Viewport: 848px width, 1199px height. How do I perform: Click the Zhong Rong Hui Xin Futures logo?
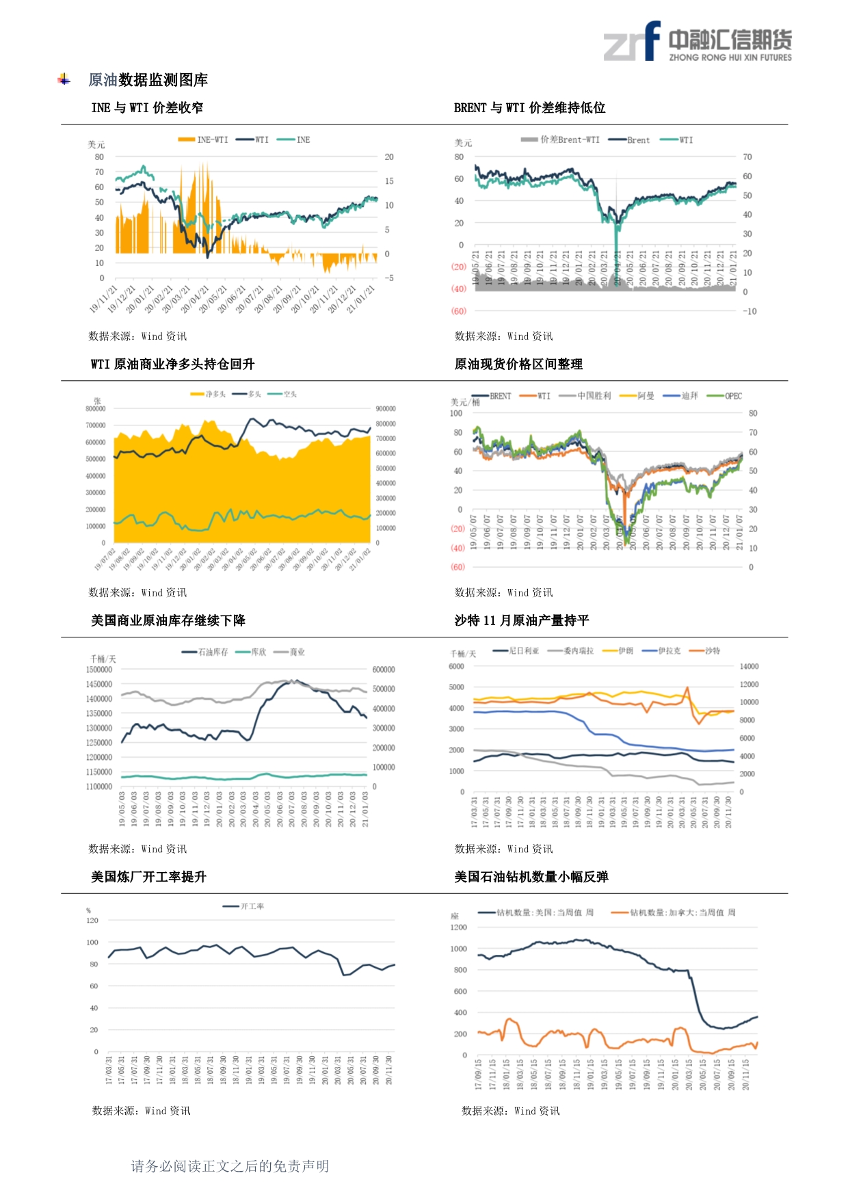pos(697,42)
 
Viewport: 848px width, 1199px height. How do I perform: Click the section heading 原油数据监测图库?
pos(148,80)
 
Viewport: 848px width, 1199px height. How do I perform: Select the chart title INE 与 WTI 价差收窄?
pos(147,107)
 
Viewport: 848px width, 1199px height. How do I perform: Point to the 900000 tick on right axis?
pos(386,409)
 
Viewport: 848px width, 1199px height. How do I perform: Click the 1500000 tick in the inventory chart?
pos(99,670)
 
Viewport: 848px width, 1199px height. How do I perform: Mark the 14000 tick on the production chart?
pos(749,666)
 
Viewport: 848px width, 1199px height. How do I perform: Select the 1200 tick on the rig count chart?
pos(458,927)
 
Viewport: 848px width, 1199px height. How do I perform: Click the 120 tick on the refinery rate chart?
pos(92,921)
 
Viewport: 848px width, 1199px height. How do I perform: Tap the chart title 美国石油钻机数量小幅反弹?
pos(531,877)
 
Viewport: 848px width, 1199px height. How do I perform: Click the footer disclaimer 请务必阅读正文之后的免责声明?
pos(230,1166)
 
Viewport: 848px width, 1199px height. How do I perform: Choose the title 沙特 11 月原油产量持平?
pos(521,620)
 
